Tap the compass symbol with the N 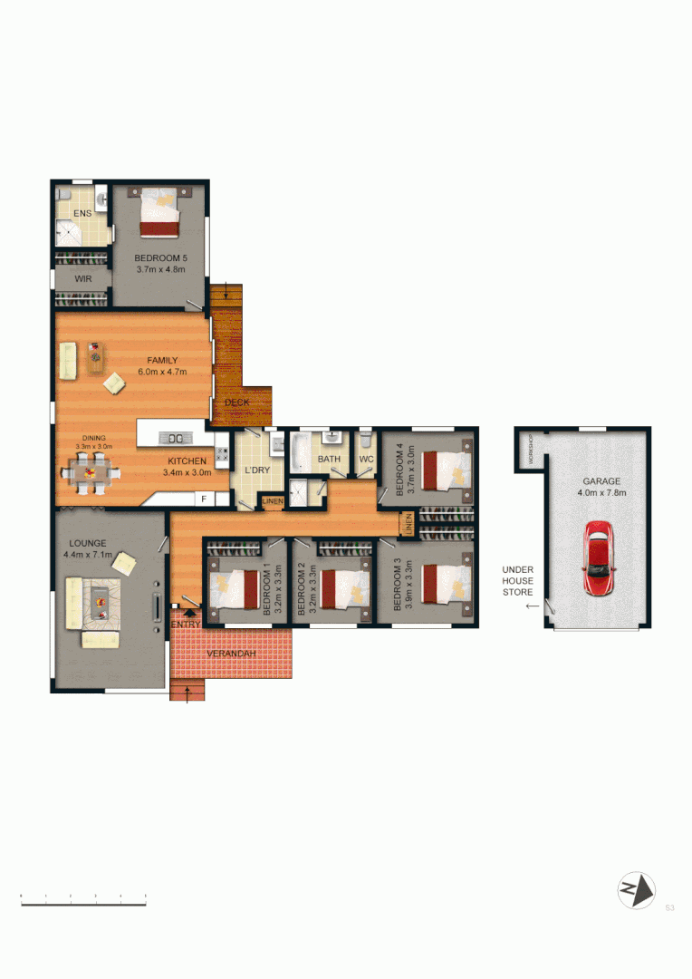[x=636, y=890]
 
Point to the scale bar [x=83, y=901]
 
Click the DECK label [x=237, y=402]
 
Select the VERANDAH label [x=231, y=654]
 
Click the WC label [x=366, y=460]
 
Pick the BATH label [x=329, y=460]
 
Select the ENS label [x=83, y=213]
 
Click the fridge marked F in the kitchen [x=204, y=499]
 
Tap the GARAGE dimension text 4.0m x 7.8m [x=602, y=493]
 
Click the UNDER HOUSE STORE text [x=519, y=581]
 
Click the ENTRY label [x=186, y=625]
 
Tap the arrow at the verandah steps [x=187, y=693]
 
